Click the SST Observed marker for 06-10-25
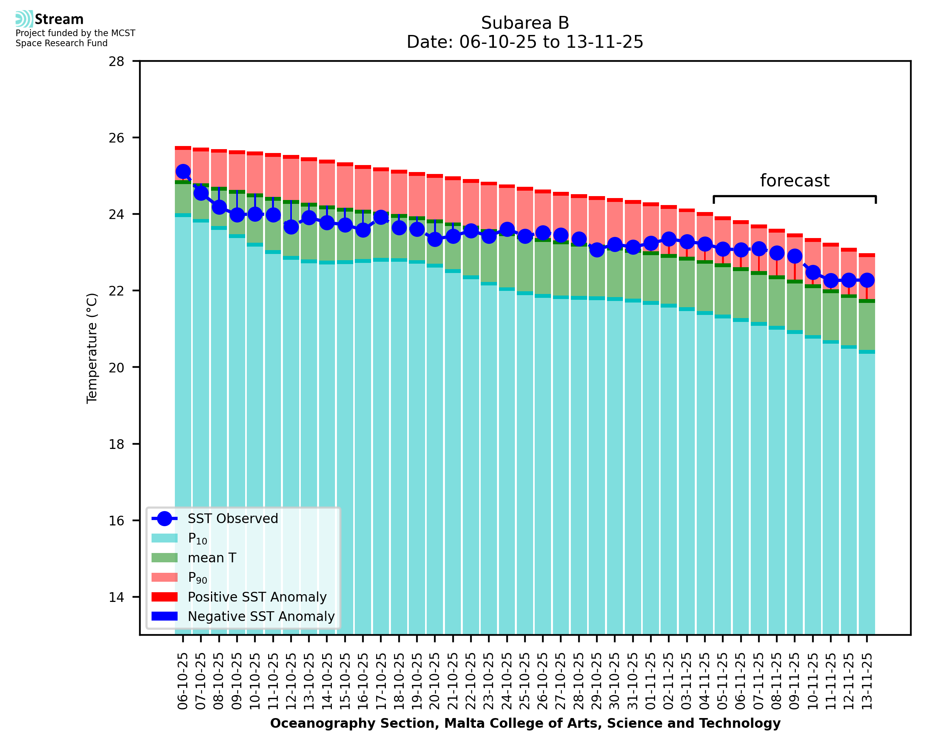point(183,172)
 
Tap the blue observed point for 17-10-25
point(381,217)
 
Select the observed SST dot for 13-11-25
point(866,280)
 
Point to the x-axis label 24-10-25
point(507,682)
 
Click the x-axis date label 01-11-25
point(651,682)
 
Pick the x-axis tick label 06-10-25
point(183,682)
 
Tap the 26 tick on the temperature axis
point(116,138)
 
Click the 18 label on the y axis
point(116,444)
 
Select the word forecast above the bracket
point(794,181)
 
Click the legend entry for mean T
point(212,558)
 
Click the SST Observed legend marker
point(164,519)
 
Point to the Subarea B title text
point(525,23)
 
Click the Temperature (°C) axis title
point(92,348)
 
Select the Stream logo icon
point(24,19)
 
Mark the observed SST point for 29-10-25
point(597,249)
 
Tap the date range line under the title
point(525,42)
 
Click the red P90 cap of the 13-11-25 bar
point(866,255)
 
